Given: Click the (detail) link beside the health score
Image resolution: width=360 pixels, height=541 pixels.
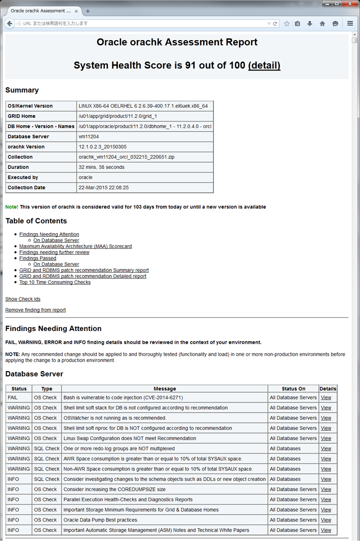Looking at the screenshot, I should coord(264,65).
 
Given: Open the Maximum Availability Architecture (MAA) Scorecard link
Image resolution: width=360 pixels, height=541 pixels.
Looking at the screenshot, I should coord(75,247).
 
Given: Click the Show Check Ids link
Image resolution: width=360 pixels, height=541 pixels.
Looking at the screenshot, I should coord(23,299).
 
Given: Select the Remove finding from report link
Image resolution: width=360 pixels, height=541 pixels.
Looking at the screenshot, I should coord(35,310).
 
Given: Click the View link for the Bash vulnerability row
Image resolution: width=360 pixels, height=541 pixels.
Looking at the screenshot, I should coord(326,397).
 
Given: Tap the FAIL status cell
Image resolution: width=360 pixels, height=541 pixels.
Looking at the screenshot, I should coord(13,397).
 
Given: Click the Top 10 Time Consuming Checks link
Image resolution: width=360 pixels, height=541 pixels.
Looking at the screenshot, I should coord(55,282).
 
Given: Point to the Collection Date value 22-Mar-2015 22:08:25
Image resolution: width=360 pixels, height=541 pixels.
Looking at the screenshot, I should coord(103,188).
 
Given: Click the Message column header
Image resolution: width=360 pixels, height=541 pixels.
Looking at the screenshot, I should coord(165,389).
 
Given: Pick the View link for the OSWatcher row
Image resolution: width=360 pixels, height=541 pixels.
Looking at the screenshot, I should coord(326,418).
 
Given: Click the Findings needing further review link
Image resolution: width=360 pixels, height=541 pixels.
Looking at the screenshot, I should coord(54,252).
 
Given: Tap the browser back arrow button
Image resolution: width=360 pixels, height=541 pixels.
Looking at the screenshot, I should coord(10,23).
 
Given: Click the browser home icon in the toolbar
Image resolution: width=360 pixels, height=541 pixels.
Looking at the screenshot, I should coord(322,23).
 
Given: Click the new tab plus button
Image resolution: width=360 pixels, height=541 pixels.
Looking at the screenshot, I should coord(87,10).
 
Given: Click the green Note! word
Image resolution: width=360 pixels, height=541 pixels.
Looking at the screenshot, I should coord(11,207).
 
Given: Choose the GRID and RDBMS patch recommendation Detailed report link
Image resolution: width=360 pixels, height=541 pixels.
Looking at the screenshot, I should coord(83,276).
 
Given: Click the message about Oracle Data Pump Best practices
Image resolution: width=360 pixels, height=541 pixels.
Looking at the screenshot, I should coord(101,520).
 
